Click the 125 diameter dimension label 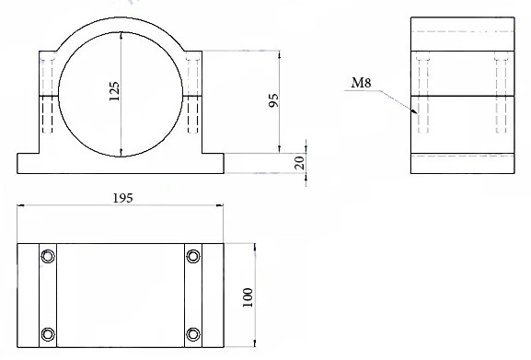tap(114, 91)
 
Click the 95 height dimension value tap(273, 100)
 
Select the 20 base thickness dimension tap(299, 163)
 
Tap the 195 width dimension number tap(122, 198)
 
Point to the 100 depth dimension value tap(248, 297)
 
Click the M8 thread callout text tap(361, 83)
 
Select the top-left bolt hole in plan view tap(48, 256)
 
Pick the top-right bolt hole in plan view tap(193, 256)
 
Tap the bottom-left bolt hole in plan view tap(48, 334)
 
